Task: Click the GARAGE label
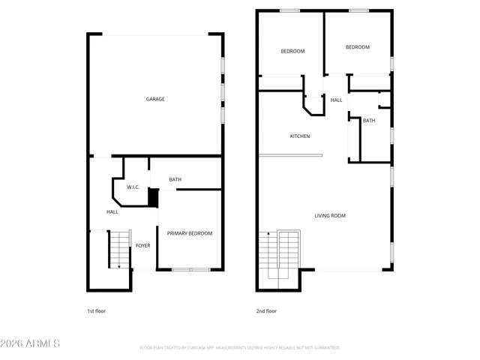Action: pyautogui.click(x=155, y=99)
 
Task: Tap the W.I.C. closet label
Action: pyautogui.click(x=133, y=187)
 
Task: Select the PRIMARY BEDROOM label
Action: pyautogui.click(x=189, y=233)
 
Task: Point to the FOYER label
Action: pyautogui.click(x=142, y=245)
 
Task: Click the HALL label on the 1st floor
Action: pyautogui.click(x=112, y=211)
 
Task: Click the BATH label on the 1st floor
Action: pyautogui.click(x=175, y=179)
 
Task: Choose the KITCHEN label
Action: pyautogui.click(x=300, y=136)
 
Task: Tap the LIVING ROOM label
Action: pyautogui.click(x=329, y=216)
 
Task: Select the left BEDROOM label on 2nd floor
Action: pyautogui.click(x=292, y=51)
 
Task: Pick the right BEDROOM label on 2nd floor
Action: pyautogui.click(x=357, y=47)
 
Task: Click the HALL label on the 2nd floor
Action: pyautogui.click(x=336, y=100)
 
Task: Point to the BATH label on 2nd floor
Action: pyautogui.click(x=369, y=121)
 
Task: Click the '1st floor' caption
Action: pyautogui.click(x=97, y=310)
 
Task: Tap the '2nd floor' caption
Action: pyautogui.click(x=266, y=310)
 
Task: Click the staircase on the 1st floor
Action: pyautogui.click(x=118, y=249)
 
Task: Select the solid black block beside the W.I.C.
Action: pyautogui.click(x=154, y=198)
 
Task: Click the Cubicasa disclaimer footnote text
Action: pyautogui.click(x=239, y=348)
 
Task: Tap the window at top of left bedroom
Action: pyautogui.click(x=290, y=10)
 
